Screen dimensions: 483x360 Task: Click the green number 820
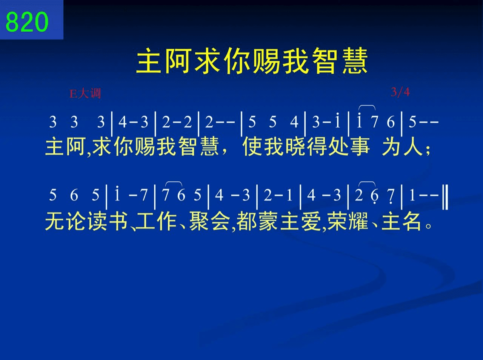click(27, 21)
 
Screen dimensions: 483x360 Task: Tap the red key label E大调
click(85, 93)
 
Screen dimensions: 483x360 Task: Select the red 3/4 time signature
click(400, 92)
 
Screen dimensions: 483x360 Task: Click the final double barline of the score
click(445, 198)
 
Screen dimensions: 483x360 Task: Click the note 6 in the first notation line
click(391, 122)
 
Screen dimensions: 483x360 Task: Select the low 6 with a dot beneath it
click(374, 196)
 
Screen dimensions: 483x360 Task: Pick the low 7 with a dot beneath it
click(391, 196)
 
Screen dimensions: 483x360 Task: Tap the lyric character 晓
click(295, 146)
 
